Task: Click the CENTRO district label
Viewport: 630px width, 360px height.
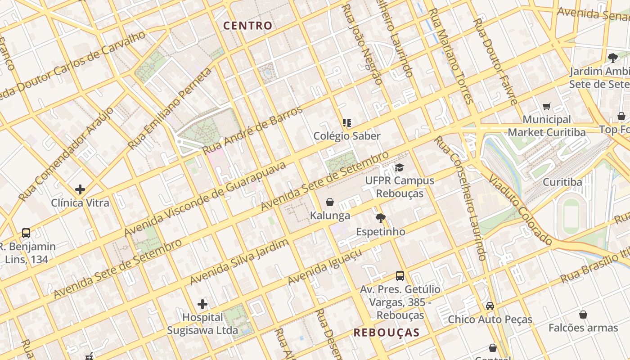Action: coord(248,26)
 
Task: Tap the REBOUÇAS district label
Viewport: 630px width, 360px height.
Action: coord(387,333)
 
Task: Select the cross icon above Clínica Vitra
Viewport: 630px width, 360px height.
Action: coord(80,189)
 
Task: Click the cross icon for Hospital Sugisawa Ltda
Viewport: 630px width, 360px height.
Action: coord(202,304)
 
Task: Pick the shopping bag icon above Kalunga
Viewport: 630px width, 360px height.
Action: coord(330,202)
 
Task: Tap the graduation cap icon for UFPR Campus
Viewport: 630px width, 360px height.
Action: coord(399,168)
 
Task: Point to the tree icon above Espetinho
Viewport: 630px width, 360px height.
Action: coord(381,219)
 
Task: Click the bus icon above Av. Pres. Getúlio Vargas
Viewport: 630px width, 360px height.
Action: coord(400,276)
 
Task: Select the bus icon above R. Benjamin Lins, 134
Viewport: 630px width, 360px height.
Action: coord(26,233)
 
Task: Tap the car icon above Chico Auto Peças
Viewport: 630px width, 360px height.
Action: coord(490,306)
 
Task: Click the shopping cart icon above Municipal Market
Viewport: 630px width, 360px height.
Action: coord(547,107)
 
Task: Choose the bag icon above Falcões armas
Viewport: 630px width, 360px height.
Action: coord(583,315)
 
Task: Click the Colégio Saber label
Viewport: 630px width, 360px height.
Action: coord(347,136)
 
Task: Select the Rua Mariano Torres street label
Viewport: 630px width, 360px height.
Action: coord(450,56)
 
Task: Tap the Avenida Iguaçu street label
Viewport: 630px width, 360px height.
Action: coord(324,268)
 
